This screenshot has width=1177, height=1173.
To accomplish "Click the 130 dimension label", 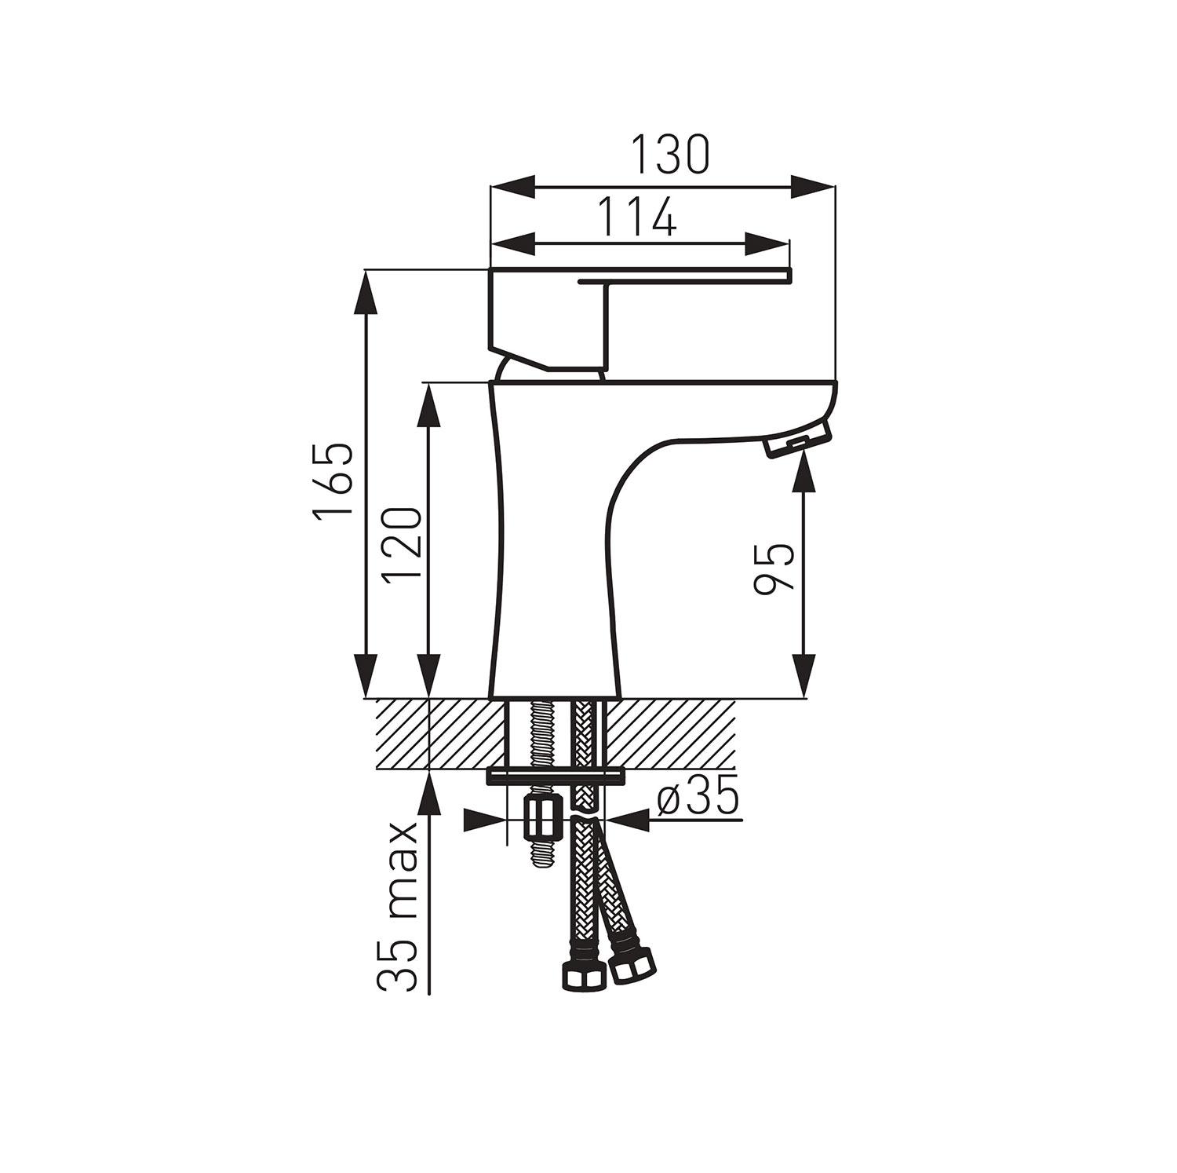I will coord(670,155).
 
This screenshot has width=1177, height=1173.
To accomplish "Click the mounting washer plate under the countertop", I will coord(556,777).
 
